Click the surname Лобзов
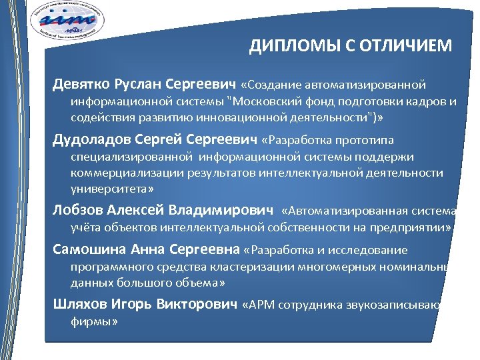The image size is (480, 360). pyautogui.click(x=74, y=211)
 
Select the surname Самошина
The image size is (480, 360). pyautogui.click(x=86, y=250)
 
